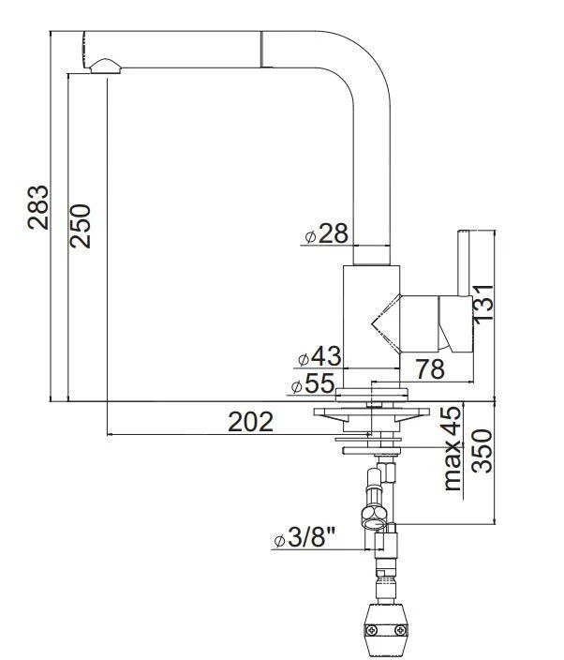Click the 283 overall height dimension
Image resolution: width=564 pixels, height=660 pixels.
click(x=38, y=207)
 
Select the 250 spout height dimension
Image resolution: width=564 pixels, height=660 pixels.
click(x=82, y=225)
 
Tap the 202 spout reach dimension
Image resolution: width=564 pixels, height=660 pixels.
click(x=250, y=421)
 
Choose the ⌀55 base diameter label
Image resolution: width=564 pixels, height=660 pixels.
click(x=312, y=384)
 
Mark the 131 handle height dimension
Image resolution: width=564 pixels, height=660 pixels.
click(x=482, y=302)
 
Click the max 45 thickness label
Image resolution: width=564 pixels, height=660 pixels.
click(x=453, y=448)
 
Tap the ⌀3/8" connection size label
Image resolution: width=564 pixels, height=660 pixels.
click(x=305, y=539)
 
